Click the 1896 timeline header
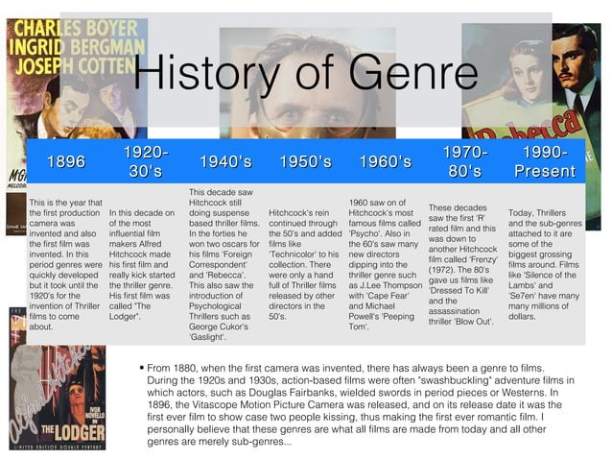[65, 162]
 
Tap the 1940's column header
[225, 162]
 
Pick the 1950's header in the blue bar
[305, 162]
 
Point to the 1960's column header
[385, 162]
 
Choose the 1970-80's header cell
[464, 162]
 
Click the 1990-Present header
[544, 162]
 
